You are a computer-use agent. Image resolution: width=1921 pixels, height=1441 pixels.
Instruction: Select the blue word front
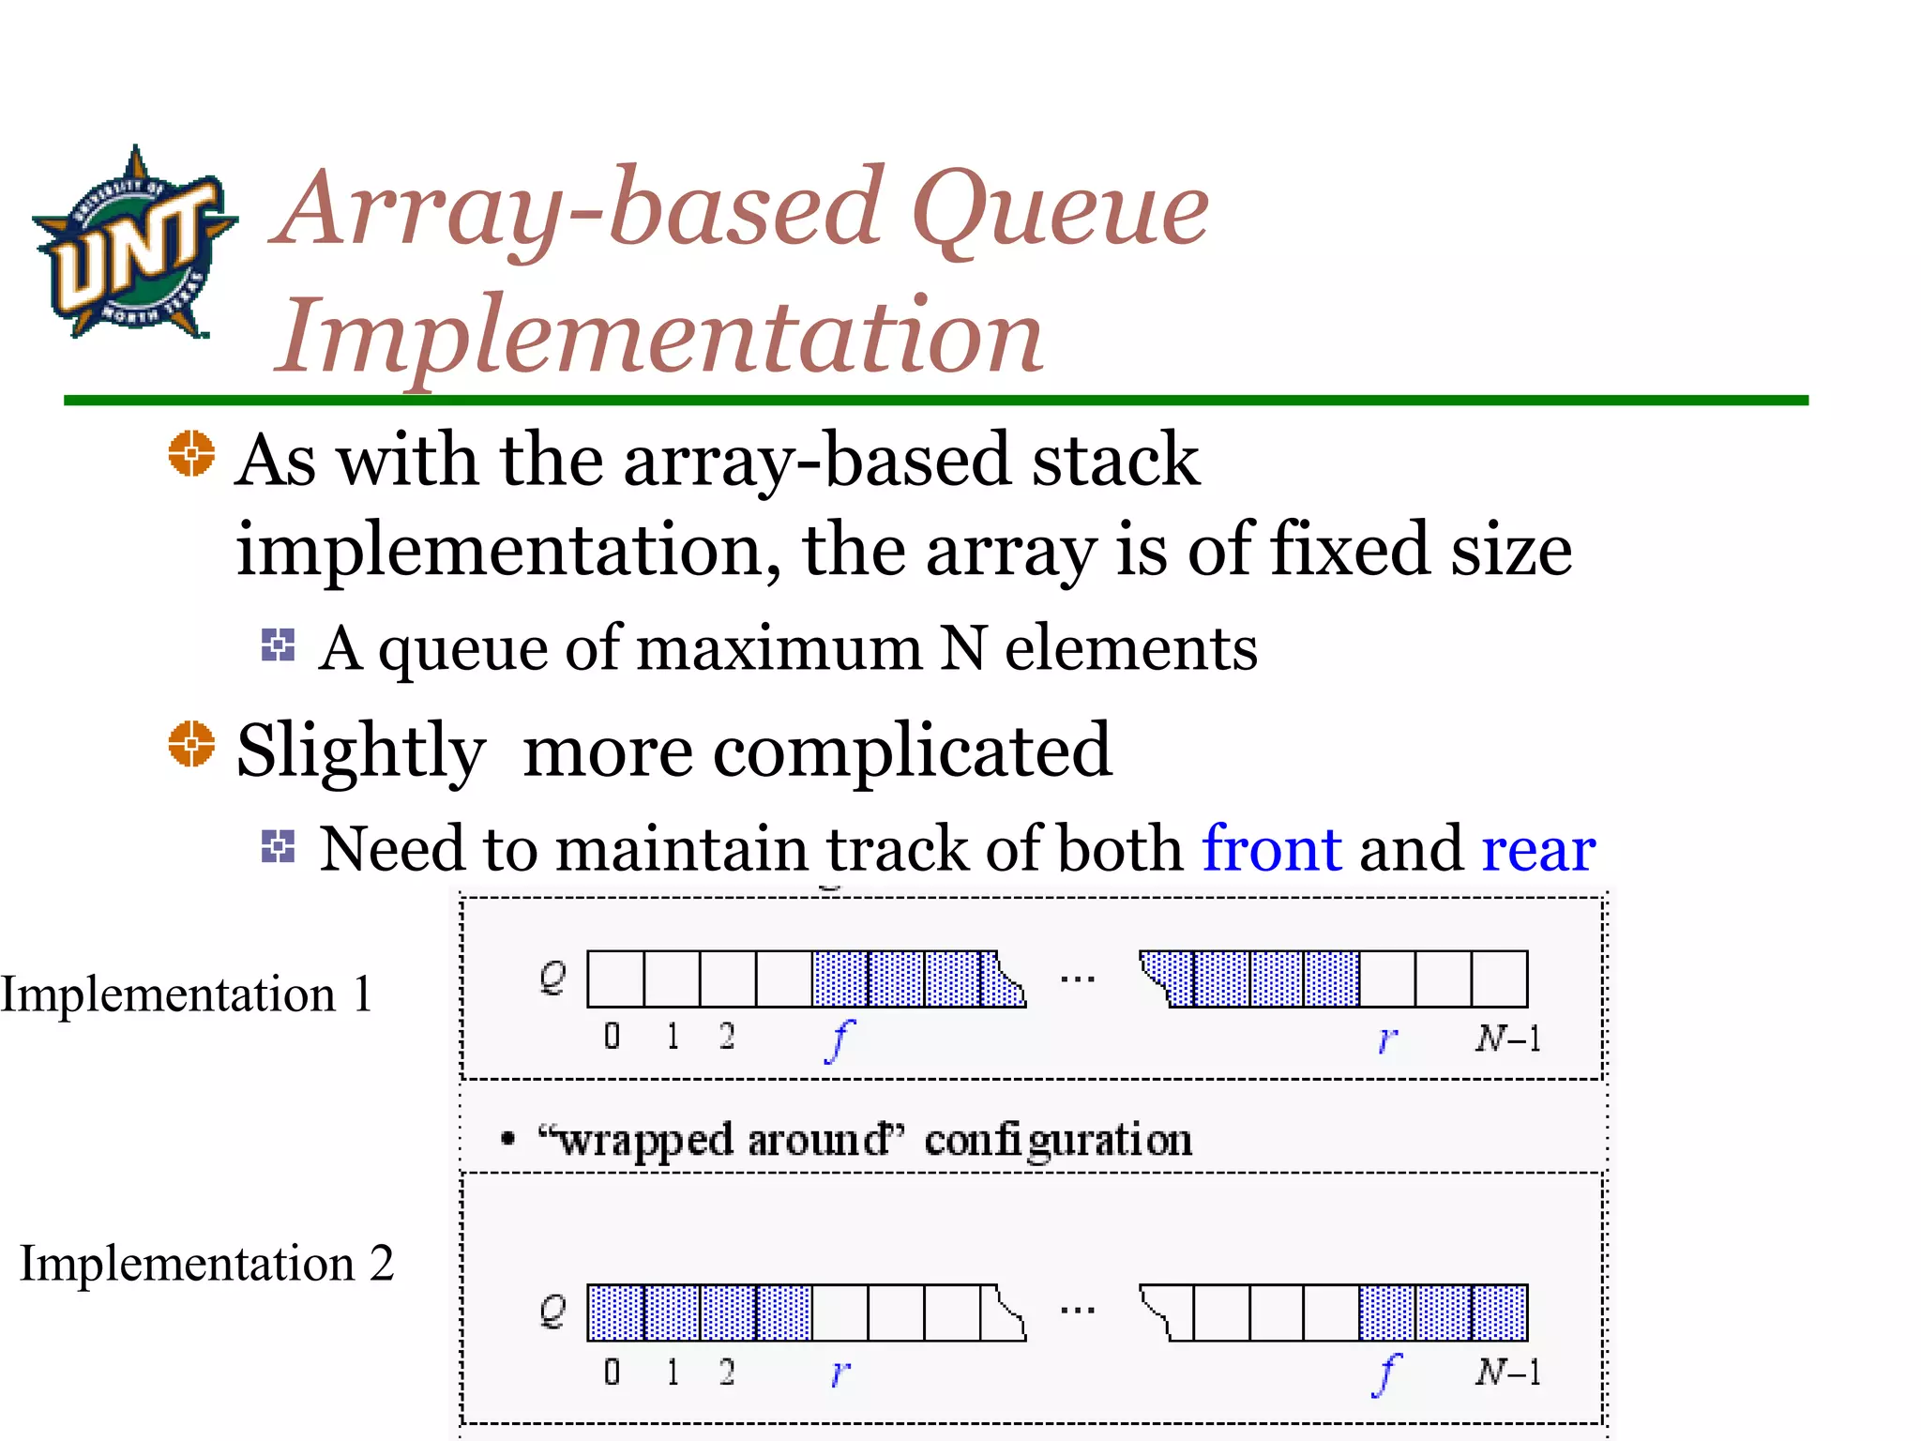pyautogui.click(x=1271, y=848)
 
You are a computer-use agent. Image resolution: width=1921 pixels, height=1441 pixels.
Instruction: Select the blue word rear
pyautogui.click(x=1538, y=850)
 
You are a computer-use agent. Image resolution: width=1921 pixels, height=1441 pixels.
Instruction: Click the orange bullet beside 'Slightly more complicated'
pyautogui.click(x=191, y=744)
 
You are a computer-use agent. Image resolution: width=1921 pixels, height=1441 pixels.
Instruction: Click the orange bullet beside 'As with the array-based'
pyautogui.click(x=191, y=453)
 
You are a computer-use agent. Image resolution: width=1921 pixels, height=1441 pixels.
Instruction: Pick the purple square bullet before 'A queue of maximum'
pyautogui.click(x=278, y=645)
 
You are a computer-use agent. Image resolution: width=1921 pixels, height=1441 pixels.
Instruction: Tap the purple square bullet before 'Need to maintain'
pyautogui.click(x=278, y=846)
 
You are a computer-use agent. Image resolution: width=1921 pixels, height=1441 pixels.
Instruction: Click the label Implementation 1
pyautogui.click(x=187, y=994)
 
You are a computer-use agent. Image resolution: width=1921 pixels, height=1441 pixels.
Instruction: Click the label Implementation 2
pyautogui.click(x=206, y=1264)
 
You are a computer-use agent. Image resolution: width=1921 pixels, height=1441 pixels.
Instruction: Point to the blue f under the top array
pyautogui.click(x=839, y=1040)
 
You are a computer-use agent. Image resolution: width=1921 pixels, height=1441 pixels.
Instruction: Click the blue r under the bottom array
pyautogui.click(x=839, y=1373)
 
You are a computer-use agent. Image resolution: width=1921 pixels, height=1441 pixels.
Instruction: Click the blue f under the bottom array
pyautogui.click(x=1386, y=1374)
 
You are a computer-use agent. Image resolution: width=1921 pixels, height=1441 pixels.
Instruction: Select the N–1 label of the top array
pyautogui.click(x=1507, y=1039)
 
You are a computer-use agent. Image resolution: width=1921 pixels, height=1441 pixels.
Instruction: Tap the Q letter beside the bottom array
pyautogui.click(x=552, y=1312)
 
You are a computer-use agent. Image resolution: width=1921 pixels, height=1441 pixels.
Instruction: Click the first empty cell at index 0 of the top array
pyautogui.click(x=615, y=979)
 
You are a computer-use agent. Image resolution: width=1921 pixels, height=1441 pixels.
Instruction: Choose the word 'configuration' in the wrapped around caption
pyautogui.click(x=1057, y=1141)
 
